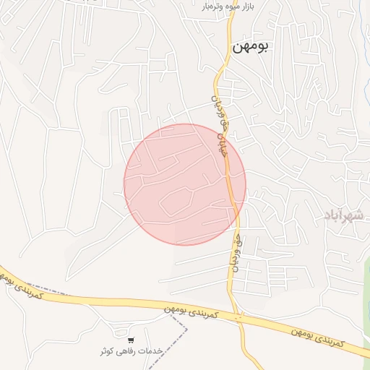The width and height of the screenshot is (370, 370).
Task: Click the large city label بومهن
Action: (x=251, y=47)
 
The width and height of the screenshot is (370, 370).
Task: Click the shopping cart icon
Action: (x=131, y=340)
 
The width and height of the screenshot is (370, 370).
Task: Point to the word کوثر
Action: (x=110, y=351)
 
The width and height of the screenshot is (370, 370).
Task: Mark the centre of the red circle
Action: (x=185, y=184)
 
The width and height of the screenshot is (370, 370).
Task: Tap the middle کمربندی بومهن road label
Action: (x=189, y=312)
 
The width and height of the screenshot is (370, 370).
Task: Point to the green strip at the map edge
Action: (x=366, y=304)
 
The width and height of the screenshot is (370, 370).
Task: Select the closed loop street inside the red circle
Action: (x=177, y=202)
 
